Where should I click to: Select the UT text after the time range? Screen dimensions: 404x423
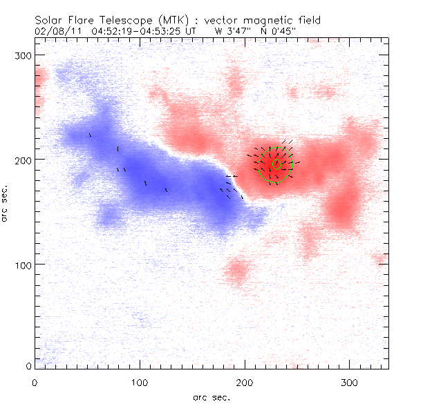(x=195, y=31)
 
